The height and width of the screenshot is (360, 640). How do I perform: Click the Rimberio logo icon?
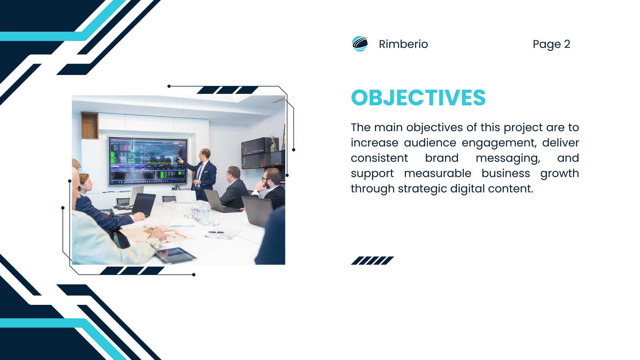360,44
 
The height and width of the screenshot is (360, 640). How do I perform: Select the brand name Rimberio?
403,44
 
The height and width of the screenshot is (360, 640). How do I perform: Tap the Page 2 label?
551,44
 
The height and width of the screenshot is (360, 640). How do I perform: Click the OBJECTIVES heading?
418,98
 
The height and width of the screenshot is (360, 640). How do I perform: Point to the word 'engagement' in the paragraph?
499,143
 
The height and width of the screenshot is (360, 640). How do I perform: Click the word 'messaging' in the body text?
508,158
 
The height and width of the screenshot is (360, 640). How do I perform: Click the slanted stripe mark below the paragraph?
372,260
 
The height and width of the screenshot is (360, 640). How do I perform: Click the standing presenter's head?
205,154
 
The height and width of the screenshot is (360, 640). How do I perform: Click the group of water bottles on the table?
201,212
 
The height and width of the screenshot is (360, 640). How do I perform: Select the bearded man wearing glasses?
270,187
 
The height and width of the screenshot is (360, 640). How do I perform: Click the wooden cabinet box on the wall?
90,126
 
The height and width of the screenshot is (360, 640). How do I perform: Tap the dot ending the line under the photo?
194,275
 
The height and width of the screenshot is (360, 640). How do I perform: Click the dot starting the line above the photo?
169,86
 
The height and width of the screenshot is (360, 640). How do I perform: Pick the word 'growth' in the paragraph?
560,174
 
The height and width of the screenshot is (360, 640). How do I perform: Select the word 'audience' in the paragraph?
430,143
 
